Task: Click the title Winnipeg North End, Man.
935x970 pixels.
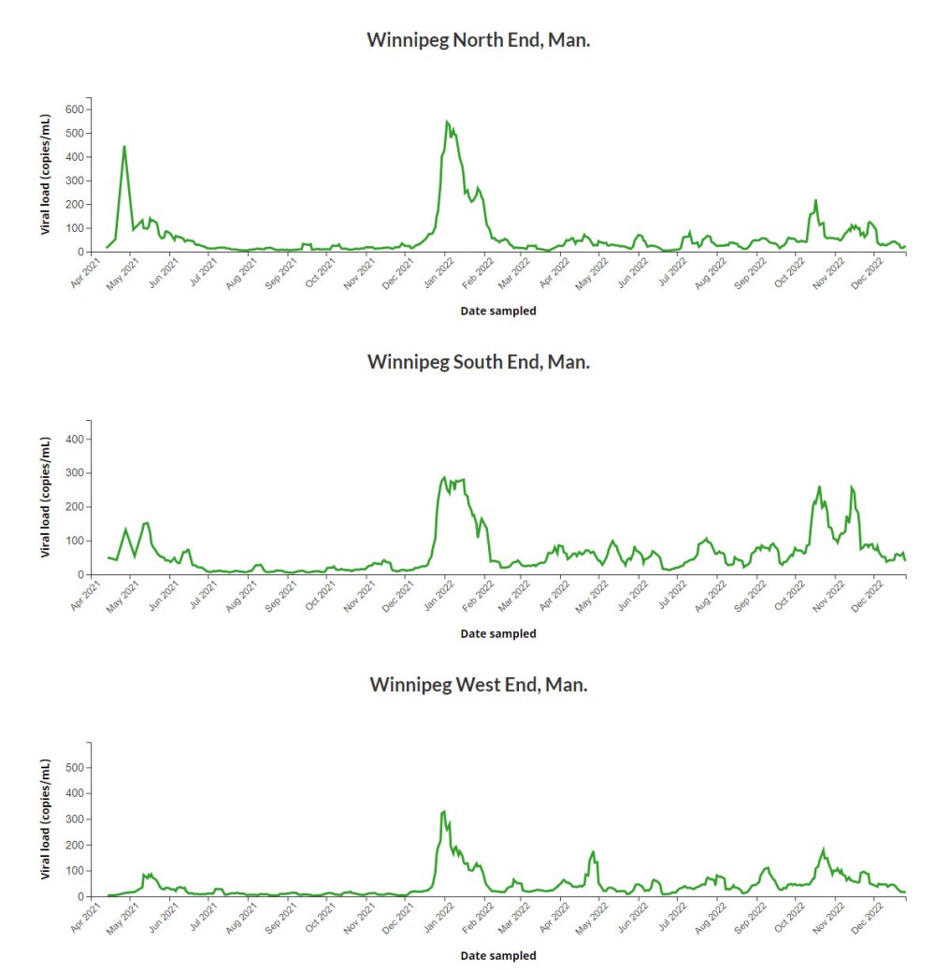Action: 478,40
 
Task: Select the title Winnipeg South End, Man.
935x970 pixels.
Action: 478,361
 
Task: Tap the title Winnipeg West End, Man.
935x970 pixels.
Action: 478,684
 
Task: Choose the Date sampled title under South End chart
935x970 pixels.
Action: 498,633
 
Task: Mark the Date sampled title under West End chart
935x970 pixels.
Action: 498,956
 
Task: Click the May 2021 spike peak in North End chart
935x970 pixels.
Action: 124,146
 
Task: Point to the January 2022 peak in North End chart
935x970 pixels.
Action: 447,122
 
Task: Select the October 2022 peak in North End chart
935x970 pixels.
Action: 815,200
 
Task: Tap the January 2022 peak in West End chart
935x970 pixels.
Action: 444,811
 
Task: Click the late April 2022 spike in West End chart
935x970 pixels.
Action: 593,852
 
